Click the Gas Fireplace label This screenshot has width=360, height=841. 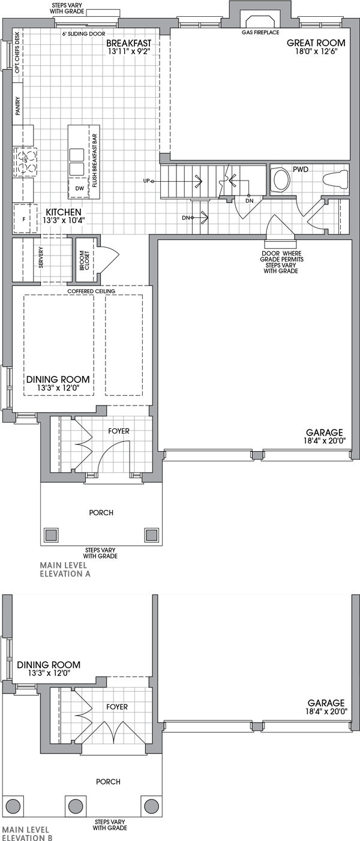(x=260, y=32)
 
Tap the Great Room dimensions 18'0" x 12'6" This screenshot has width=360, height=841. (x=316, y=52)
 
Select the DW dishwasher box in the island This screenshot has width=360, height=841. (x=79, y=188)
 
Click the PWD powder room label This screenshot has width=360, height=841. (x=300, y=170)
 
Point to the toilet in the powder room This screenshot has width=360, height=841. (x=280, y=179)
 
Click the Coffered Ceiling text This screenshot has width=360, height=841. (x=91, y=291)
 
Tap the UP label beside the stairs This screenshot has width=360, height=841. (x=146, y=181)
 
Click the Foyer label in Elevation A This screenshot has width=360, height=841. (x=119, y=431)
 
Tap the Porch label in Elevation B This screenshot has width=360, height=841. (x=108, y=782)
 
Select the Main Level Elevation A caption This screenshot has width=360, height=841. (x=64, y=569)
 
